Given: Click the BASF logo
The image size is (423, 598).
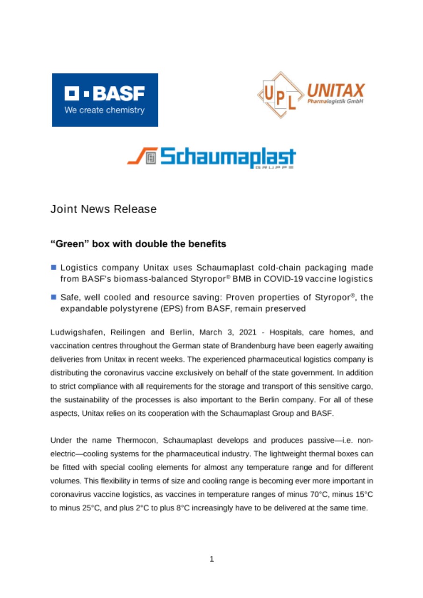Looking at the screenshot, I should pyautogui.click(x=105, y=100).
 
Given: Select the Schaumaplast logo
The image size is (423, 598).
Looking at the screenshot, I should pyautogui.click(x=211, y=157).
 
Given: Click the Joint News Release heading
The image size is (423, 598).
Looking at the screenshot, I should pyautogui.click(x=103, y=209).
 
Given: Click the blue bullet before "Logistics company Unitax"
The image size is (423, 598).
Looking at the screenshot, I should pyautogui.click(x=54, y=267).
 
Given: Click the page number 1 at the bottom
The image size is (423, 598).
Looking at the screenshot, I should pyautogui.click(x=211, y=559).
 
